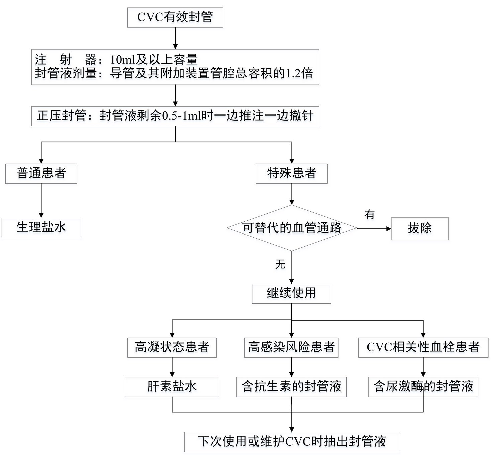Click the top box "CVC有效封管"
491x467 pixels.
pos(175,17)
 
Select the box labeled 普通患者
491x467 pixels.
pos(41,173)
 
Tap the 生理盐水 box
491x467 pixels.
pos(41,227)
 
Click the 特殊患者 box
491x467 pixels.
pos(292,173)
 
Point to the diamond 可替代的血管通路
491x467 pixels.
pos(292,228)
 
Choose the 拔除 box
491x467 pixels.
pos(420,228)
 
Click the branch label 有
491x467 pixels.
pos(369,214)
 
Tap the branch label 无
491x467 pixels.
pos(280,264)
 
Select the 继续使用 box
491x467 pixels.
pos(291,293)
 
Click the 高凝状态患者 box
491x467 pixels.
pos(172,347)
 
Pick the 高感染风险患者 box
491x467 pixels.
pos(291,347)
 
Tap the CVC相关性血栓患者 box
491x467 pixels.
pos(423,347)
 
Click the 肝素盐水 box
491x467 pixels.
pos(172,387)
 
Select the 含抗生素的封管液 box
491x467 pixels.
pos(291,387)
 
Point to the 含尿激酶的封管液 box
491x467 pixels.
pos(423,387)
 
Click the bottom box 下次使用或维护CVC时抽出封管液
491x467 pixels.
pos(292,442)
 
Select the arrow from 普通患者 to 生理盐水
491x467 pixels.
pos(41,201)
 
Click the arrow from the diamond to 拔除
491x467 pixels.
pos(374,229)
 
